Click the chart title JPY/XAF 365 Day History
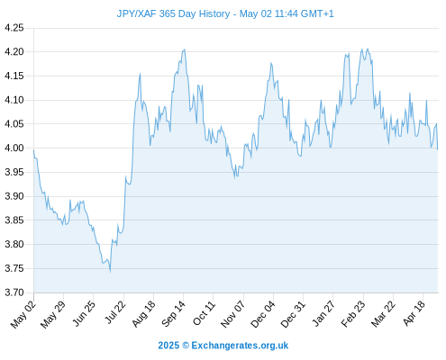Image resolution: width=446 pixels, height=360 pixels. pos(173,13)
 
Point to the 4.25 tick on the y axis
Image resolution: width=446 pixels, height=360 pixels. pos(14,28)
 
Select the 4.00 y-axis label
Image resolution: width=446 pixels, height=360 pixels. pos(14,148)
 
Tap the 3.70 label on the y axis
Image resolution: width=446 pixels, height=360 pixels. pos(14,292)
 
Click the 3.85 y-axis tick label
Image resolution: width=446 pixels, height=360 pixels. pos(14,220)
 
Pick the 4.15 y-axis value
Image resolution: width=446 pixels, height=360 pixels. pos(14,76)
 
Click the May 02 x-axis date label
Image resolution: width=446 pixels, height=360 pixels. pos(23,315)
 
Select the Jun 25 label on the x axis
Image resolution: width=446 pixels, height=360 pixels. pos(84,314)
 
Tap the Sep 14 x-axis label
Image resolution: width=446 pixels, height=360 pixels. pos(173,314)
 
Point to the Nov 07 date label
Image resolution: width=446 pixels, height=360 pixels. pos(232,314)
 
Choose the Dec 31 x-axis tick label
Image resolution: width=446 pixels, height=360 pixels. pos(293,314)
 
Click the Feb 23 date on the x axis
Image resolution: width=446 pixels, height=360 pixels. pos(353,314)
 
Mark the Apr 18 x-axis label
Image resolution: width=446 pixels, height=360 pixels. pos(414,313)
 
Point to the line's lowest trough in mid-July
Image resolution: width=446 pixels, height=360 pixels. pos(110,272)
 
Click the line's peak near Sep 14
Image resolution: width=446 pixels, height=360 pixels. pos(184,49)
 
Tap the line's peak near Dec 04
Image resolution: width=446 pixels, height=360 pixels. pos(271,63)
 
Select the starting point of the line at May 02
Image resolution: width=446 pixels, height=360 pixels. pos(33,149)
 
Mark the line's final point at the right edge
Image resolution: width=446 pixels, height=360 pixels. pos(438,149)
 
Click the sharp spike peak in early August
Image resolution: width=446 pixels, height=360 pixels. pos(140,74)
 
